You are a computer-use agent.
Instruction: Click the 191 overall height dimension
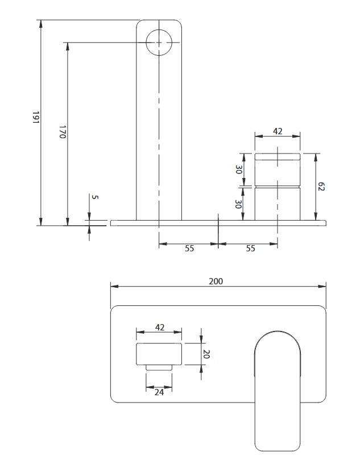coord(36,117)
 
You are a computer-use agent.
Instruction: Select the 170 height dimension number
coord(63,132)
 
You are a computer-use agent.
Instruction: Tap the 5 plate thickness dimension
coord(95,197)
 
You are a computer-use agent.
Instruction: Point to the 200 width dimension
coord(216,281)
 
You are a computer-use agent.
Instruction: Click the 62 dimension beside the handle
coord(321,187)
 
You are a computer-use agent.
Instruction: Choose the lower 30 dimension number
coord(238,204)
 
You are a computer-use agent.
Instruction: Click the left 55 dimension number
coord(189,249)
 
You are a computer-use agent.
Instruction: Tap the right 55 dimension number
coord(251,249)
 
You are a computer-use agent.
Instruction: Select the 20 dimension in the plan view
coord(206,354)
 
